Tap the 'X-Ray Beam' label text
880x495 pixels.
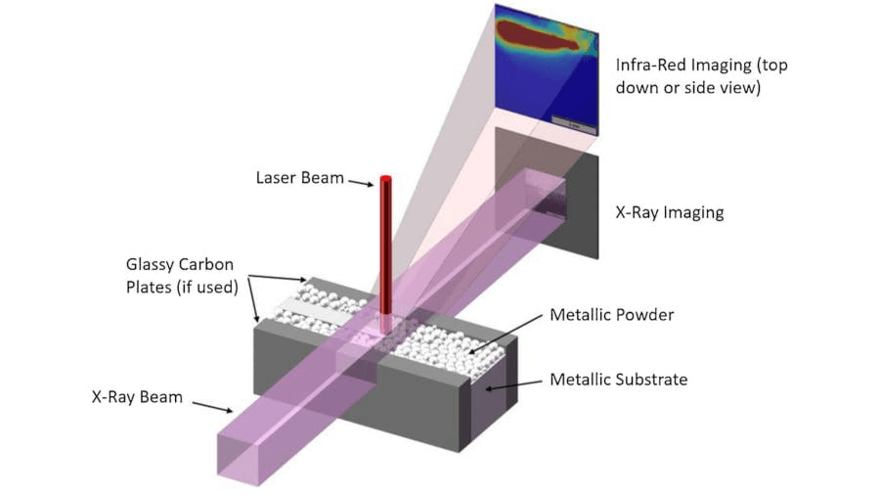click(x=137, y=397)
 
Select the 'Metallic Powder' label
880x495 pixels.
click(x=611, y=315)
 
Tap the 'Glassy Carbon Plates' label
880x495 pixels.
click(x=187, y=274)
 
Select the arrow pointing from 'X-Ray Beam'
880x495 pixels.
click(x=211, y=405)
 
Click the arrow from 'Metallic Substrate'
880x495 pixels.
click(x=514, y=386)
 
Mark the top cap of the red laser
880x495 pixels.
click(x=385, y=178)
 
